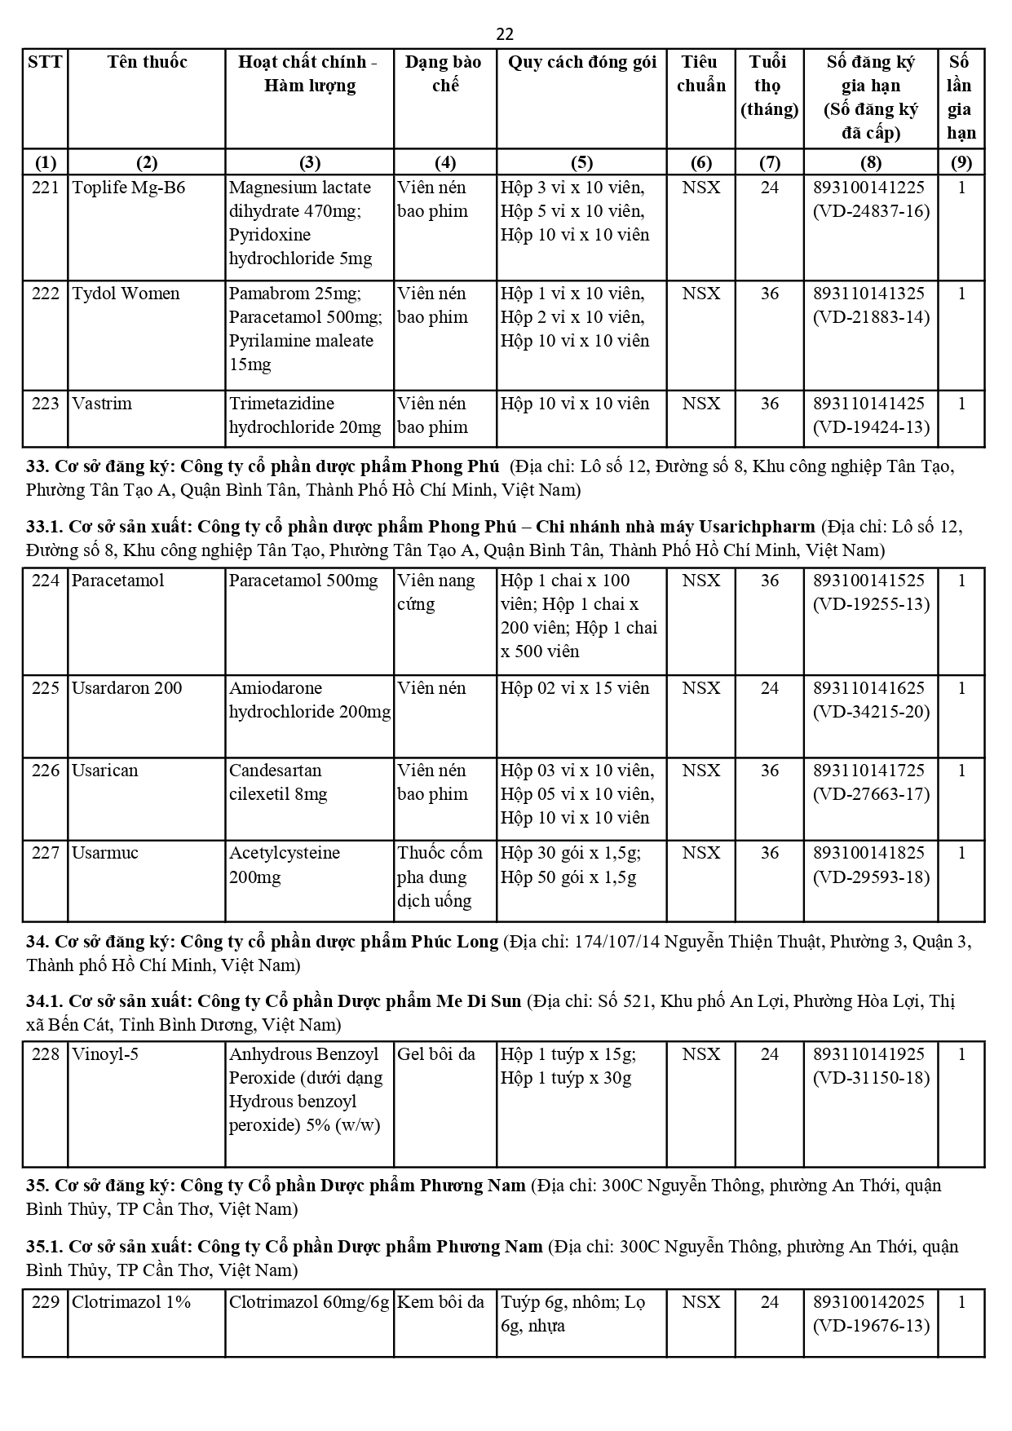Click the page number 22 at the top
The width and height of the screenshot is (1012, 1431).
coord(505,34)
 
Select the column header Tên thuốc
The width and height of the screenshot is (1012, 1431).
coord(147,62)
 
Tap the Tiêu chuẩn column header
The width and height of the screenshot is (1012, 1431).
coord(700,73)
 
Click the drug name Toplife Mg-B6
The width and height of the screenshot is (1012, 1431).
coord(129,188)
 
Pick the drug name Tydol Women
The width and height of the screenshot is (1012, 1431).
coord(126,294)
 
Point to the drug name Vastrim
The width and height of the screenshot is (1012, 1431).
coord(102,404)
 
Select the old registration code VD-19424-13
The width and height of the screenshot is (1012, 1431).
coord(871,427)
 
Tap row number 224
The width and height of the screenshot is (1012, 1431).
coord(46,581)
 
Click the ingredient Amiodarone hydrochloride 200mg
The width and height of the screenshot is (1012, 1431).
coord(309,700)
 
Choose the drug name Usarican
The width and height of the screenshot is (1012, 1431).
coord(105,771)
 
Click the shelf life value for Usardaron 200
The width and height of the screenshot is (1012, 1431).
coord(769,688)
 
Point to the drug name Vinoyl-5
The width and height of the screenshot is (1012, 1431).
coord(105,1054)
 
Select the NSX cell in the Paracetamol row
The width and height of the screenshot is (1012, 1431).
coord(700,581)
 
